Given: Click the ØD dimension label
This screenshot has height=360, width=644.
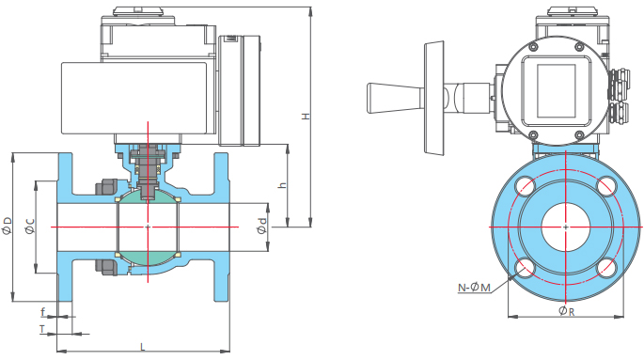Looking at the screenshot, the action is pos(7,226).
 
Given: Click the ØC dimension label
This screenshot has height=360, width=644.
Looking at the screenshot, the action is pos(30,226).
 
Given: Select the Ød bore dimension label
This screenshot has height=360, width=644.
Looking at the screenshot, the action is pos(261,227).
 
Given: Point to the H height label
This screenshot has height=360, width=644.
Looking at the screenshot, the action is pos(306,117).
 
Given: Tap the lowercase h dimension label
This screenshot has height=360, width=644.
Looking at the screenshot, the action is pos(282,185).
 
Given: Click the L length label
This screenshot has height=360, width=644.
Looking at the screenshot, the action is pos(143,347).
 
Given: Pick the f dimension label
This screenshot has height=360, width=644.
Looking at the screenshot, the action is pos(43,312).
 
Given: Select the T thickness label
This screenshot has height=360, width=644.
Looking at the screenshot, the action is pos(42,329).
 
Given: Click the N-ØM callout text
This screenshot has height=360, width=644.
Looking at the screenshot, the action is pos(475,288).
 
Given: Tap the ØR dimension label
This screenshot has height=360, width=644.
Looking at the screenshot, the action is pos(567,311).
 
